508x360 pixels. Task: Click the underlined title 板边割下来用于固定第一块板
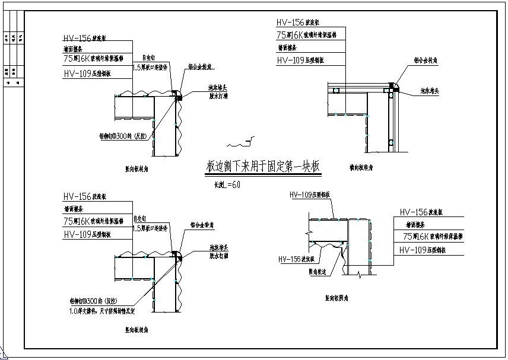coord(263,167)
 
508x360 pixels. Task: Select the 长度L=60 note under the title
coord(226,184)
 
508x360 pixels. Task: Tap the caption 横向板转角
coord(361,168)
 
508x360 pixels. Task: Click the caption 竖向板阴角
coord(336,298)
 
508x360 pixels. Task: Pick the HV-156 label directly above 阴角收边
coord(300,259)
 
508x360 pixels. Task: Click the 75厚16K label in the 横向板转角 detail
coord(307,35)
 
